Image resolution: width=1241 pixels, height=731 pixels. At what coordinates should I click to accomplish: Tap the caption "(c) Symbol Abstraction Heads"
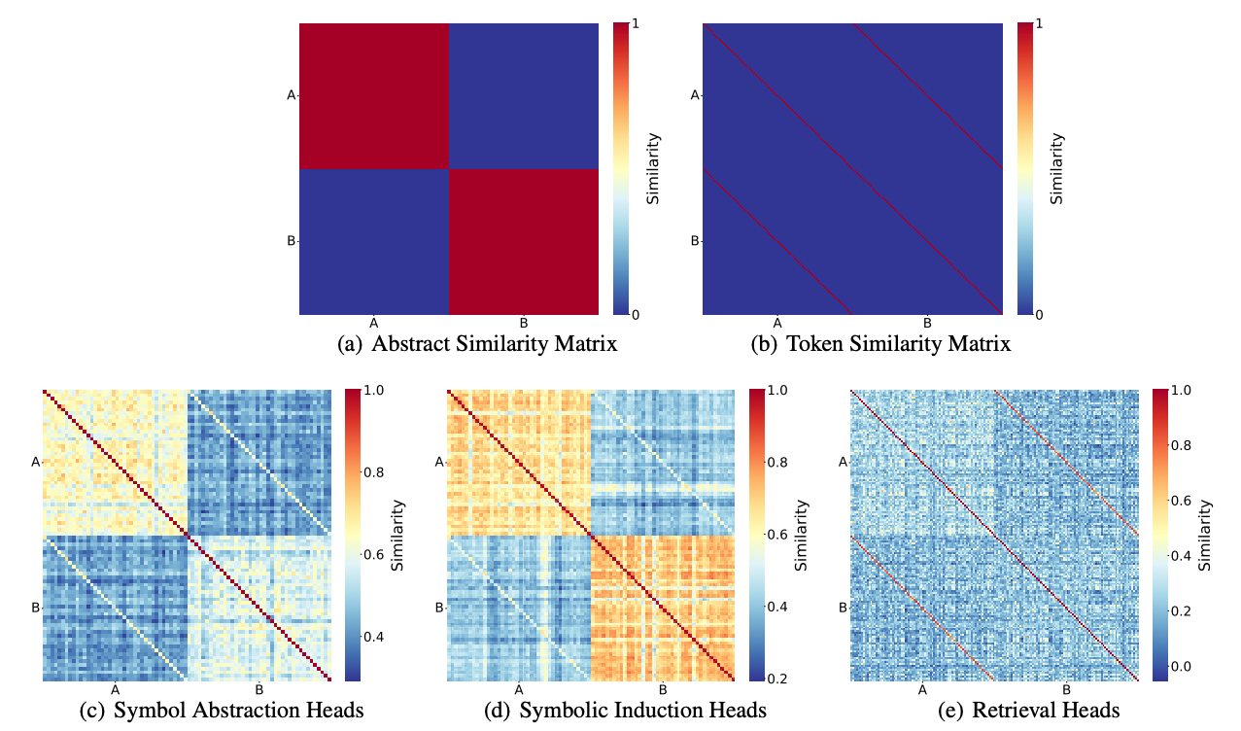(222, 711)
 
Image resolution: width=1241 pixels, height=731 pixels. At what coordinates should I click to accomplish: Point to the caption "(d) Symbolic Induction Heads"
(626, 711)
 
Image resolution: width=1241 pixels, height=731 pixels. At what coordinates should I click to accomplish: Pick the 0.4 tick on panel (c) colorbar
(371, 637)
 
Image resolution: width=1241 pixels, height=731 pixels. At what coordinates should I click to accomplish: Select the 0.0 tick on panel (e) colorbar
(1179, 666)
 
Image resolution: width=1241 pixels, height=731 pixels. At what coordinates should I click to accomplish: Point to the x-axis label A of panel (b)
(777, 323)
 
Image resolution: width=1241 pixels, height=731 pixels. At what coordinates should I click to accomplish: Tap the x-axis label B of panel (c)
(259, 689)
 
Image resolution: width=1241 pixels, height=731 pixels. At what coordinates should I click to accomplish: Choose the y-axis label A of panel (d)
(439, 462)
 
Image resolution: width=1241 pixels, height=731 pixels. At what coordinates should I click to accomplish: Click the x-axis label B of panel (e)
(1066, 689)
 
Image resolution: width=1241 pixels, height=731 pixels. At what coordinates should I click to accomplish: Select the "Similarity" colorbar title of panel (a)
(654, 168)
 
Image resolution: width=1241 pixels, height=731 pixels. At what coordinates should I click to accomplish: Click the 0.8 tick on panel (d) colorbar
(775, 462)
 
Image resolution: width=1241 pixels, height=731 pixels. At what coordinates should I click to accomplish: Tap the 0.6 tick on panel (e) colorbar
(1179, 501)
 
